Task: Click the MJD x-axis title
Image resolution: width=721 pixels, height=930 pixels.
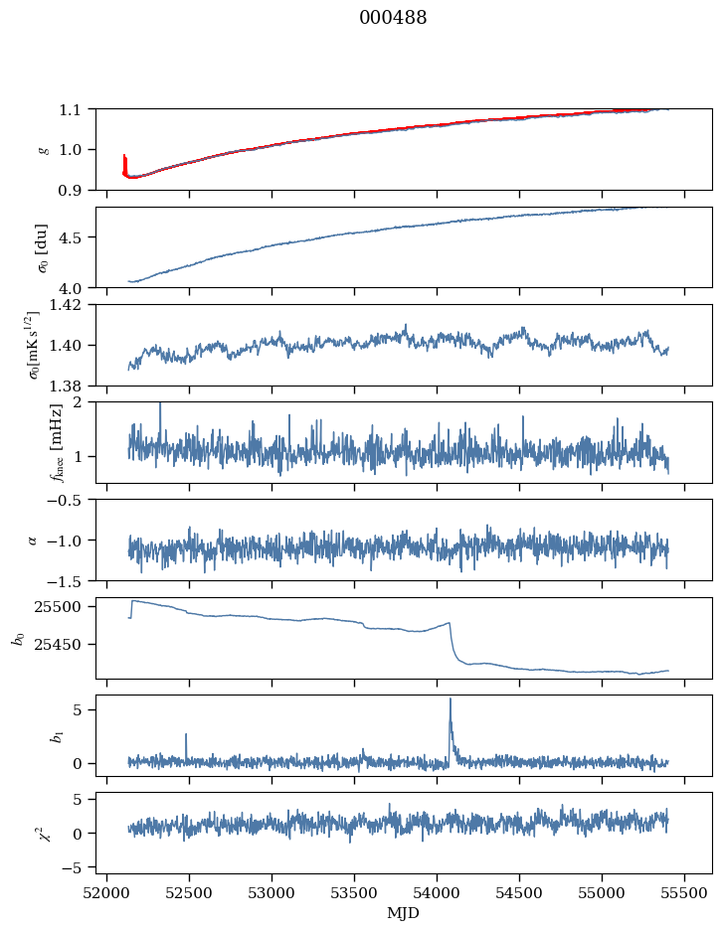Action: [x=404, y=913]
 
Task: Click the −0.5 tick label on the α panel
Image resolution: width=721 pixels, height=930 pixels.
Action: [x=70, y=500]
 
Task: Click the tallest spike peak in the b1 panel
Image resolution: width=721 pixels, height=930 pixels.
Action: [x=451, y=698]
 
